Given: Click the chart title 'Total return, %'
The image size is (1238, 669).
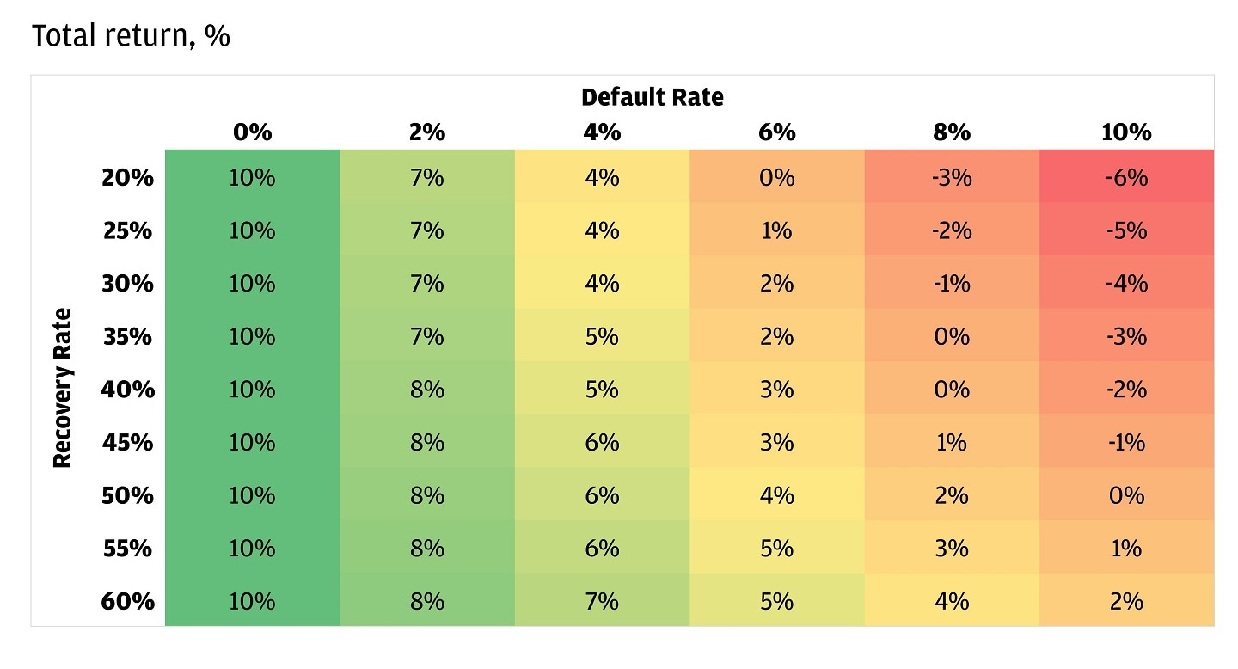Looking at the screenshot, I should [x=131, y=37].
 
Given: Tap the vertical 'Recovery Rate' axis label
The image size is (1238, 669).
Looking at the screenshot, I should [x=62, y=388].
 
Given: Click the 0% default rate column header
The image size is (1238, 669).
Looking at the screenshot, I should [x=252, y=132].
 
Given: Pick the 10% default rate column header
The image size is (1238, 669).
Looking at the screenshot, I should [x=1125, y=132].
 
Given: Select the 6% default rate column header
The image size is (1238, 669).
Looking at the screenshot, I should [x=776, y=132].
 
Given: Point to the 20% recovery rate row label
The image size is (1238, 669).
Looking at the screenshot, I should [x=127, y=178].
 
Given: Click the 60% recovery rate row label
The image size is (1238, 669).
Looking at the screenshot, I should [x=127, y=601].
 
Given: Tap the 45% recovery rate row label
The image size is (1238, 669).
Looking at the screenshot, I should [x=127, y=443].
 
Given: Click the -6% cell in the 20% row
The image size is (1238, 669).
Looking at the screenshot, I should [x=1126, y=178].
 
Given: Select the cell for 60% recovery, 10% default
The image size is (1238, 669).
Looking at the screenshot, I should [x=1126, y=601].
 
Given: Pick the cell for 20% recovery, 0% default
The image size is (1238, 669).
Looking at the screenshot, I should [x=252, y=178].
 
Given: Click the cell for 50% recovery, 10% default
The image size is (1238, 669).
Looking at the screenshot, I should [x=1126, y=496].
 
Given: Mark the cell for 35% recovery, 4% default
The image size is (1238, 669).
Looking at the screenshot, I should [x=602, y=337].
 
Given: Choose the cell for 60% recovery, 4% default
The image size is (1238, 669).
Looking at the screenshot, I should [x=602, y=601].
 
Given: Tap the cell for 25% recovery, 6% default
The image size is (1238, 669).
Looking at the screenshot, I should [x=776, y=231].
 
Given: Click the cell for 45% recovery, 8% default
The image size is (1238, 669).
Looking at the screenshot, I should [x=952, y=443].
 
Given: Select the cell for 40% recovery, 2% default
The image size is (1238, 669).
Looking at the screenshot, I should [x=427, y=390].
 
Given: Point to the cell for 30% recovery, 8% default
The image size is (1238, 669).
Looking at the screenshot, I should [x=952, y=284].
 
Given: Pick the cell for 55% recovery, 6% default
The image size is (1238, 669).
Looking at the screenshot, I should [x=776, y=549].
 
